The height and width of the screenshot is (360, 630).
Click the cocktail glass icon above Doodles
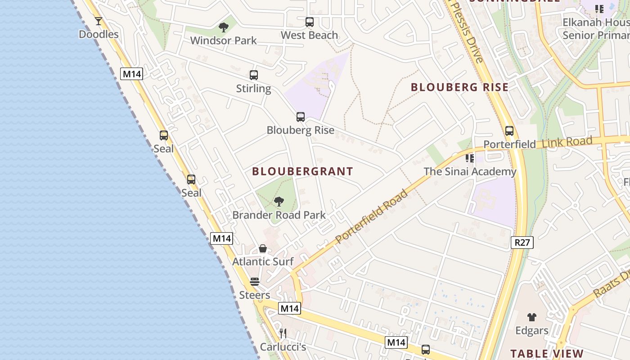coord(99,21)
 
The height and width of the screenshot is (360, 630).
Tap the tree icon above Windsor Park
coord(223,27)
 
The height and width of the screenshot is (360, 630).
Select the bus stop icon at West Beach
coord(309,22)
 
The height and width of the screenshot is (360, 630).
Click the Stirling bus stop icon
coord(254,75)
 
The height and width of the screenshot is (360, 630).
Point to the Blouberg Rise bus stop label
coord(301,130)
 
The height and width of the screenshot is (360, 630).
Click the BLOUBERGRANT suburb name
coord(302,171)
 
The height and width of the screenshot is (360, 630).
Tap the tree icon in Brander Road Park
coord(279,201)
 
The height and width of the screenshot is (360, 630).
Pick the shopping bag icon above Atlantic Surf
coord(263,248)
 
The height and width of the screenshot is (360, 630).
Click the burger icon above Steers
coord(255,282)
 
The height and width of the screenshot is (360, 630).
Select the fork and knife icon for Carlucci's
coord(283,333)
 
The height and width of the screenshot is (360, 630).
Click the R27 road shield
coord(522,243)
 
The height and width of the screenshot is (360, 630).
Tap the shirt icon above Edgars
coord(532,317)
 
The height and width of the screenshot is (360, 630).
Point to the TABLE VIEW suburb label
coord(547,354)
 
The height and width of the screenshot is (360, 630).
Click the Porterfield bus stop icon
coord(509,131)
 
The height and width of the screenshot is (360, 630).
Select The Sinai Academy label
coord(470,171)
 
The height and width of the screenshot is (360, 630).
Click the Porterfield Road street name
coord(372,216)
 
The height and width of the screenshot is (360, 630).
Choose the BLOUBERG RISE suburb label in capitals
coord(459,87)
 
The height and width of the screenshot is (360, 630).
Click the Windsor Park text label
coord(223,40)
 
